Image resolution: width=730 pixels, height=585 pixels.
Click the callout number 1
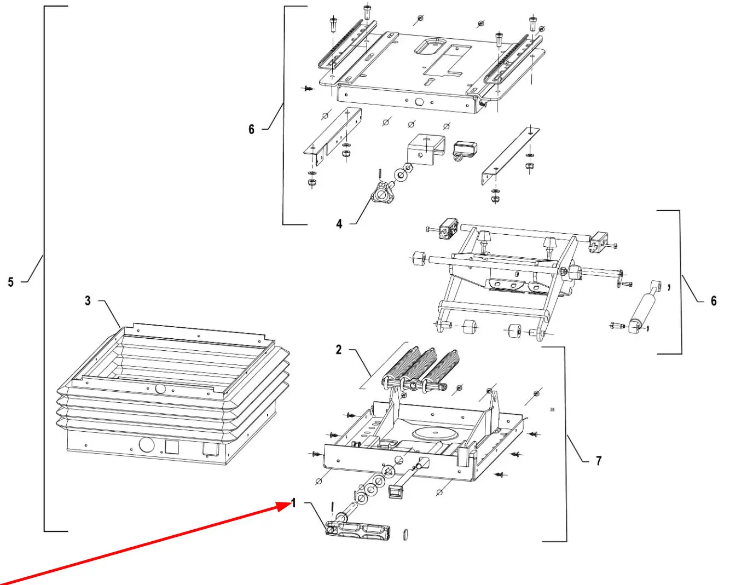[x=293, y=503]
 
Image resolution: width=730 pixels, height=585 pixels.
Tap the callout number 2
[x=338, y=350]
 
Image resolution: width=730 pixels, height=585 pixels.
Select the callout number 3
[x=88, y=300]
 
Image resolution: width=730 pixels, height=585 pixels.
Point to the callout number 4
[x=339, y=224]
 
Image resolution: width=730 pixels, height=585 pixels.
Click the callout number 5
[x=11, y=282]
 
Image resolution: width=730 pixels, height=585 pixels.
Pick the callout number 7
[x=599, y=461]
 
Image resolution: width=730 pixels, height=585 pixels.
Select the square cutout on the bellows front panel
[x=172, y=447]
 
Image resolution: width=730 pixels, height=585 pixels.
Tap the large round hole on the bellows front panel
[x=147, y=444]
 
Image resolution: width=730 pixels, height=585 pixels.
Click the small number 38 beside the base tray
[x=552, y=409]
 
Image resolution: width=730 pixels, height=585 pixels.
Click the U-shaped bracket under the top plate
[x=426, y=150]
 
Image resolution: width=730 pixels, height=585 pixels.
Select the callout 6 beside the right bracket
[x=714, y=301]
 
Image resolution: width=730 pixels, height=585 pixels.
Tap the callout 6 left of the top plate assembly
[x=251, y=129]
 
